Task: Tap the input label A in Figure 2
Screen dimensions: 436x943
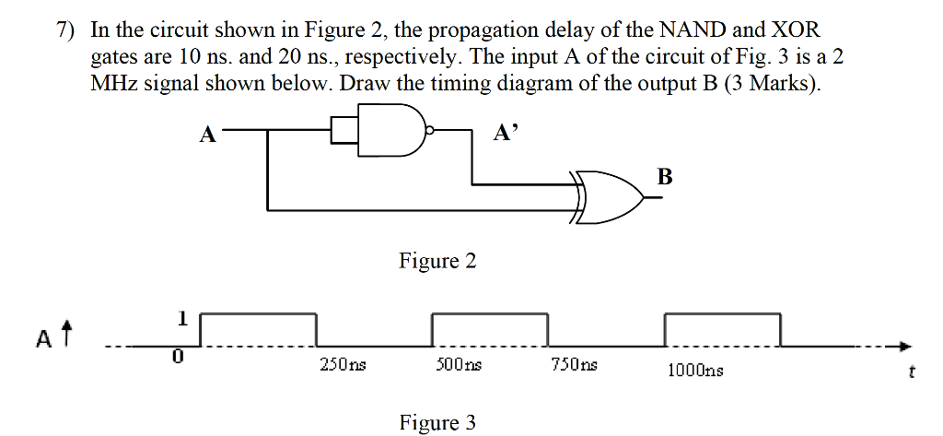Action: click(x=208, y=136)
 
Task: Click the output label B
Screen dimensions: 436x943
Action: click(x=665, y=176)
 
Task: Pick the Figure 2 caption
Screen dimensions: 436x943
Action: click(x=437, y=261)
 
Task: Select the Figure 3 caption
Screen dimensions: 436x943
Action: click(x=437, y=422)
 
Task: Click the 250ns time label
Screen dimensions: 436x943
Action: click(x=342, y=365)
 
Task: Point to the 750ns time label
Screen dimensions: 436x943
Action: click(x=574, y=365)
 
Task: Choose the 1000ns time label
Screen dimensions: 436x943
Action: click(x=695, y=370)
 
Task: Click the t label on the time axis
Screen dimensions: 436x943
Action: click(x=911, y=373)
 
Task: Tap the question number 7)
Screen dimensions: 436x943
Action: click(x=66, y=29)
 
